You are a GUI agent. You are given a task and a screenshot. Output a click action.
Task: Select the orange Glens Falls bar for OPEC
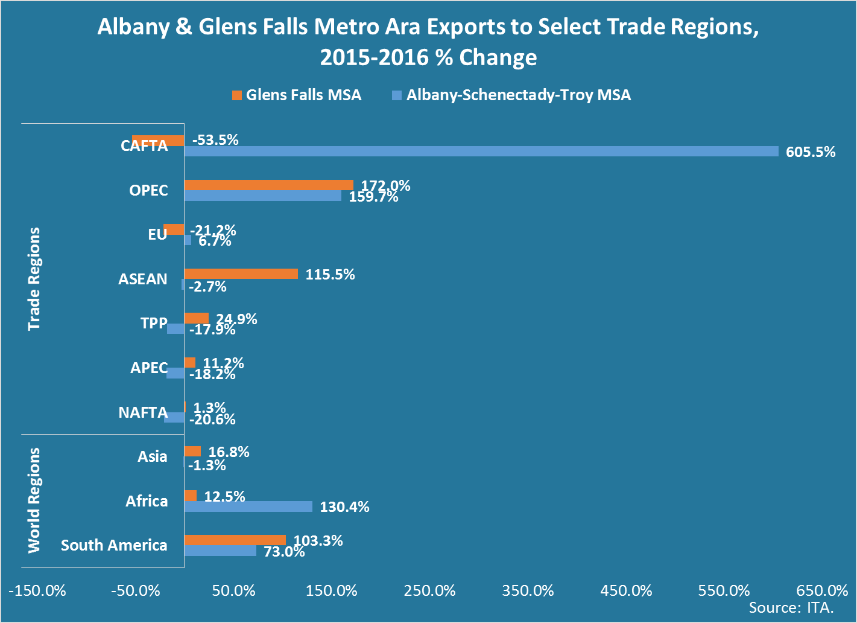[x=268, y=185]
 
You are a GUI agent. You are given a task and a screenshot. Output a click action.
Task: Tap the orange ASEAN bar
[x=241, y=273]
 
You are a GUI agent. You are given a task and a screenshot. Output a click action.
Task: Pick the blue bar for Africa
[x=248, y=506]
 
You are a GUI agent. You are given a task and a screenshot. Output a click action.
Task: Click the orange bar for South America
[x=235, y=540]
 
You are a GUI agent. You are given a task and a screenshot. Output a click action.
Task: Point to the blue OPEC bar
[x=262, y=196]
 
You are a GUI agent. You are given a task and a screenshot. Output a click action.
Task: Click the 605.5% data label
[x=810, y=152]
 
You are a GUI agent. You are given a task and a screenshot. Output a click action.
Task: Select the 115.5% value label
[x=330, y=275]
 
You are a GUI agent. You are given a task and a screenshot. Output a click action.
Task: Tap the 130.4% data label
[x=344, y=507]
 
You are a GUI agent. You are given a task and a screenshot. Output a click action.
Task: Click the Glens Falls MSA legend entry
[x=303, y=95]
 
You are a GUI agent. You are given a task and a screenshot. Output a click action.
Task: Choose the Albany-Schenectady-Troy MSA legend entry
[x=518, y=95]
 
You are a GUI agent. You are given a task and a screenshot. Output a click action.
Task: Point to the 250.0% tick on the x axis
[x=430, y=590]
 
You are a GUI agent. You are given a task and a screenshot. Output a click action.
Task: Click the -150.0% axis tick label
[x=37, y=590]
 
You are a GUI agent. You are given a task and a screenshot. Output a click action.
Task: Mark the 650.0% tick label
[x=822, y=590]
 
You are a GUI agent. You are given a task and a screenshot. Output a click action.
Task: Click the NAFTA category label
[x=143, y=412]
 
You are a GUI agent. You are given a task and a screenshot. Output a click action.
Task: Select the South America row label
[x=114, y=545]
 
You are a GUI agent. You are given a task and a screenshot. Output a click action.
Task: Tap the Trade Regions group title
[x=34, y=279]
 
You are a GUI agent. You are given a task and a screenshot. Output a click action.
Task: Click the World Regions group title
[x=34, y=500]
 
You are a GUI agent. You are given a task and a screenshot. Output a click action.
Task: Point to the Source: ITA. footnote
[x=791, y=607]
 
